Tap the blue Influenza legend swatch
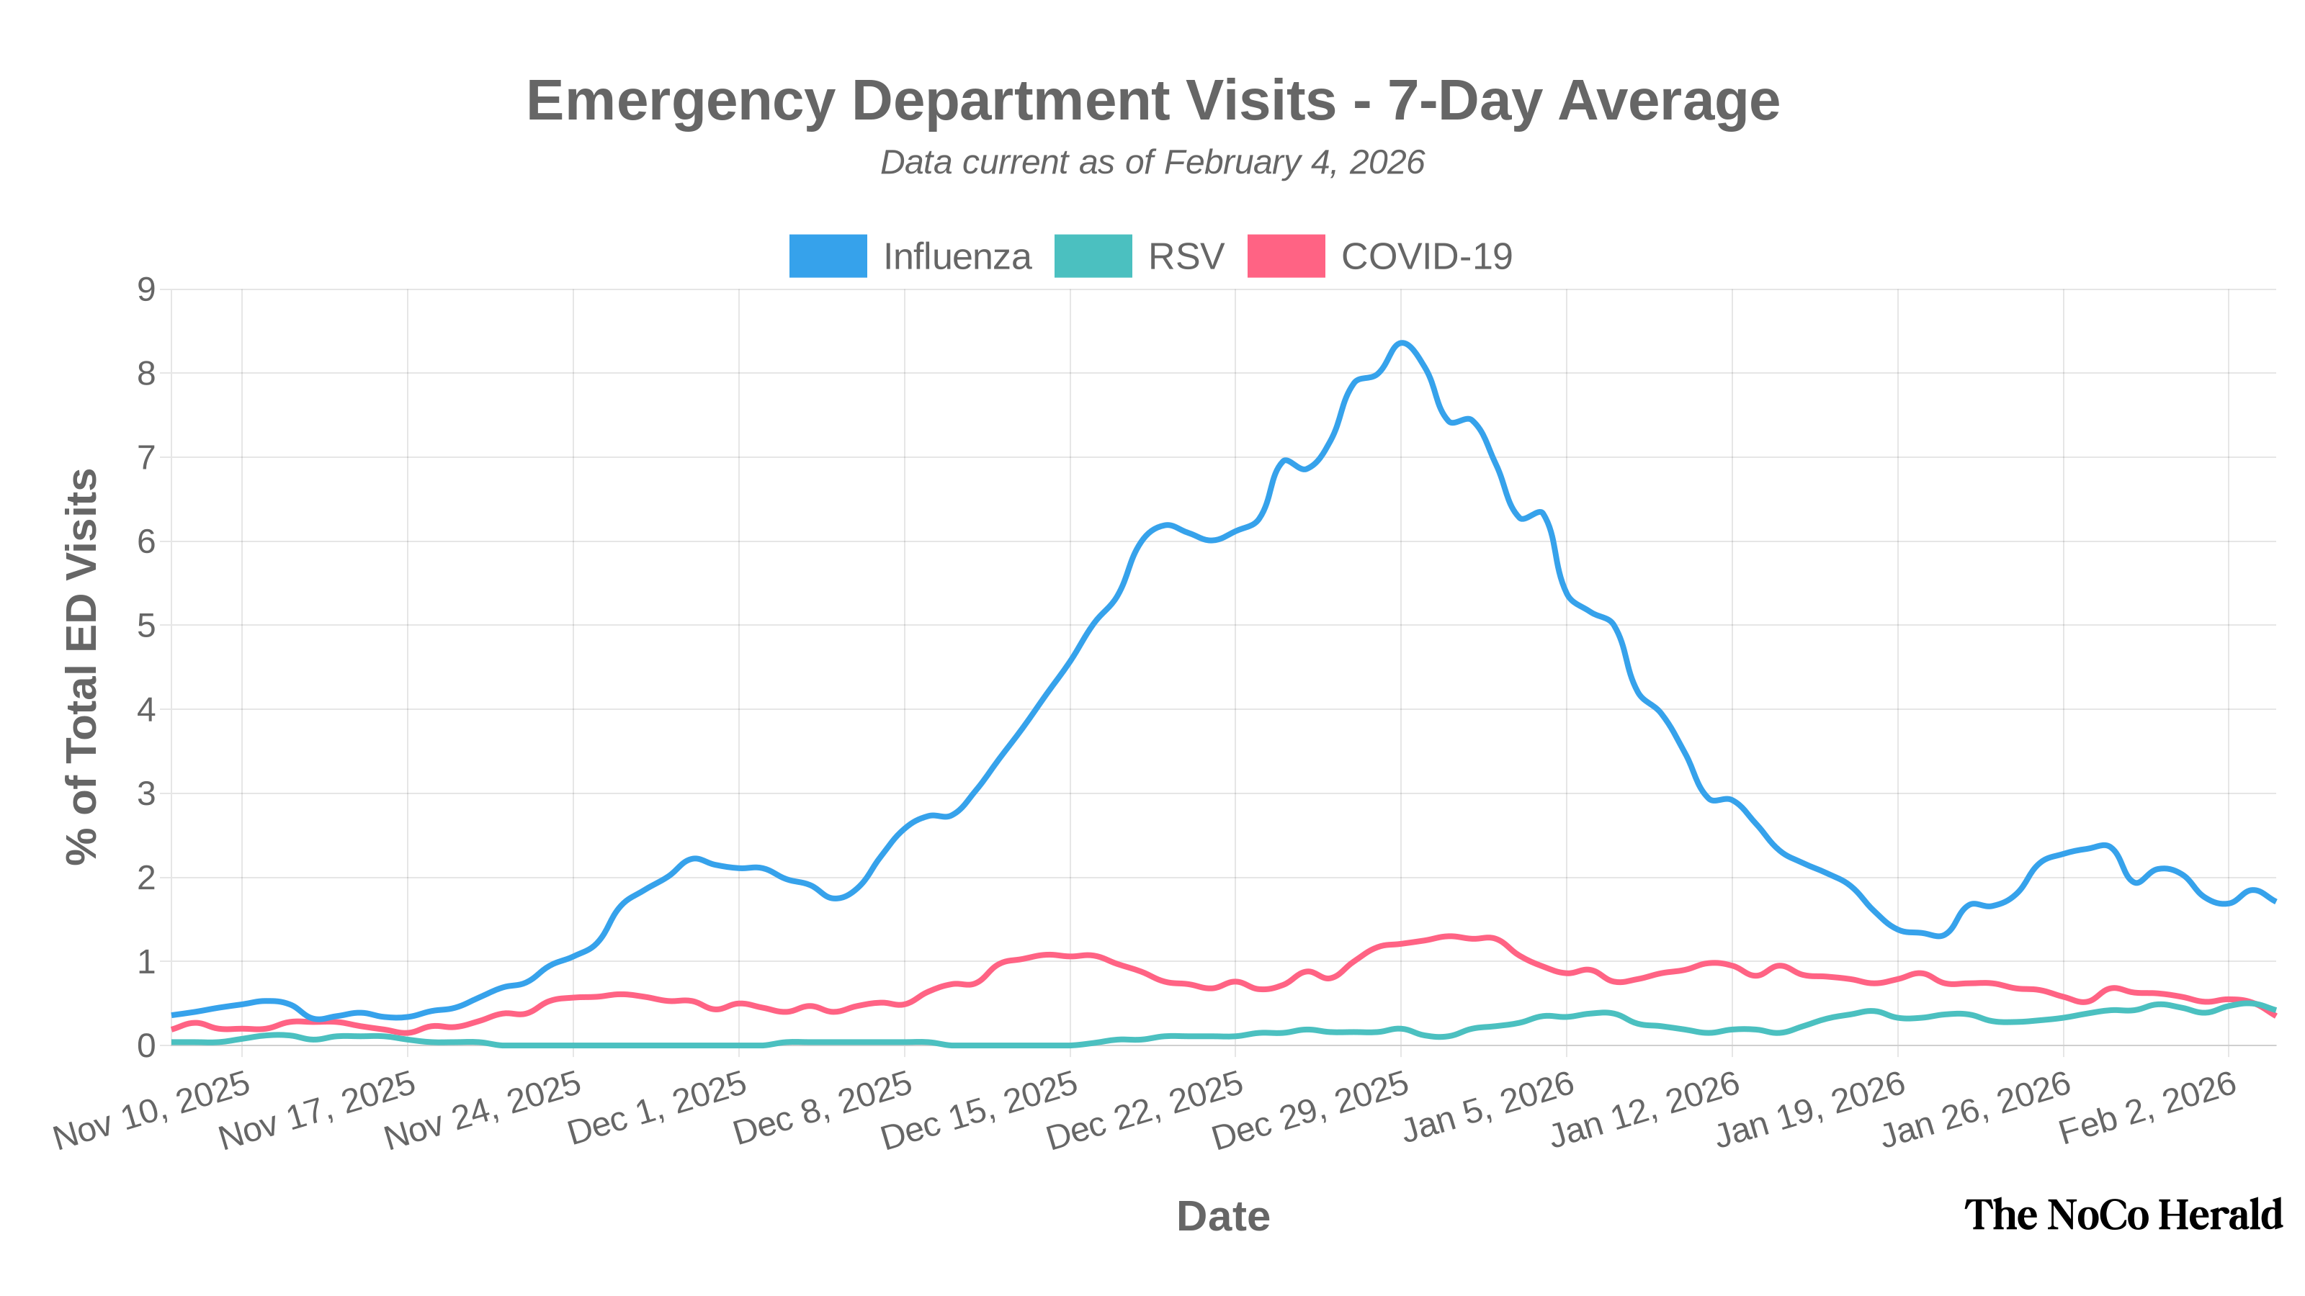(828, 256)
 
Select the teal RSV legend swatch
(1093, 256)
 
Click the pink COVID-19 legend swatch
(1286, 256)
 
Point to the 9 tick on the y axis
(146, 289)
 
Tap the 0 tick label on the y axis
(146, 1045)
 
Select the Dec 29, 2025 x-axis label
(1311, 1112)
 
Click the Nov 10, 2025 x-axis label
(152, 1112)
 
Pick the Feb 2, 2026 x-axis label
(2147, 1109)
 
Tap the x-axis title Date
(1223, 1216)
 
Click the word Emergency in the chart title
(680, 100)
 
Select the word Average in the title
(1669, 100)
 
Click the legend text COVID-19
(1426, 257)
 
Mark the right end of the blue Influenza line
(2275, 901)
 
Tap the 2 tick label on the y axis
(146, 878)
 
